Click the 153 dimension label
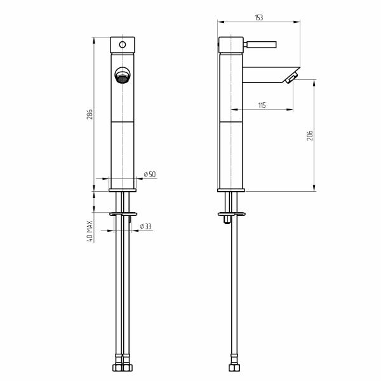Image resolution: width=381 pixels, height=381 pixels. coord(259,18)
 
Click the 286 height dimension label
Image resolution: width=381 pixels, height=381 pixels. coord(90,114)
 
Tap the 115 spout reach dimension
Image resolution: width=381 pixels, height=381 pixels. coord(262,105)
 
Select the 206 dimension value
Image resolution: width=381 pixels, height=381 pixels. coord(310,136)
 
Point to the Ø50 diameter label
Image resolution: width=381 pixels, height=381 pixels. coord(150,174)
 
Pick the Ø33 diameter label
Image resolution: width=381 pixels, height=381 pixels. coord(145,227)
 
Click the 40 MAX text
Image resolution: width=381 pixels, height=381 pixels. coord(90,231)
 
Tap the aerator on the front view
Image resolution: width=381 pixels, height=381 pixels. coord(122,76)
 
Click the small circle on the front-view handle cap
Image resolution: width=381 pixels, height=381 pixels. coord(123,44)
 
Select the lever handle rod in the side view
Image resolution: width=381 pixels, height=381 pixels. coord(260,44)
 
